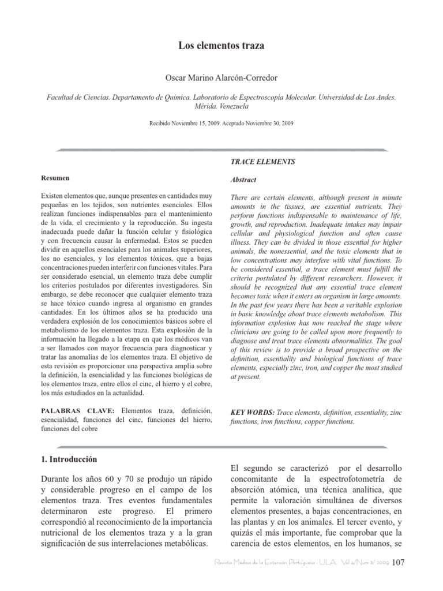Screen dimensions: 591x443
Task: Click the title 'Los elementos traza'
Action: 221,45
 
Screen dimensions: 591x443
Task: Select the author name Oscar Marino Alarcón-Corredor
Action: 221,77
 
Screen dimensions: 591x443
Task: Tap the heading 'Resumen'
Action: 55,178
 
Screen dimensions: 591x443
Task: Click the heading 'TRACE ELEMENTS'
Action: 262,162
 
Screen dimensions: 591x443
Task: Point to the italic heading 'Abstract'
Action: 243,179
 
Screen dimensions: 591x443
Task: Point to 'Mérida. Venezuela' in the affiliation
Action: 221,107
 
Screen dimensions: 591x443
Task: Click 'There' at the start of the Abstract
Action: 241,197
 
